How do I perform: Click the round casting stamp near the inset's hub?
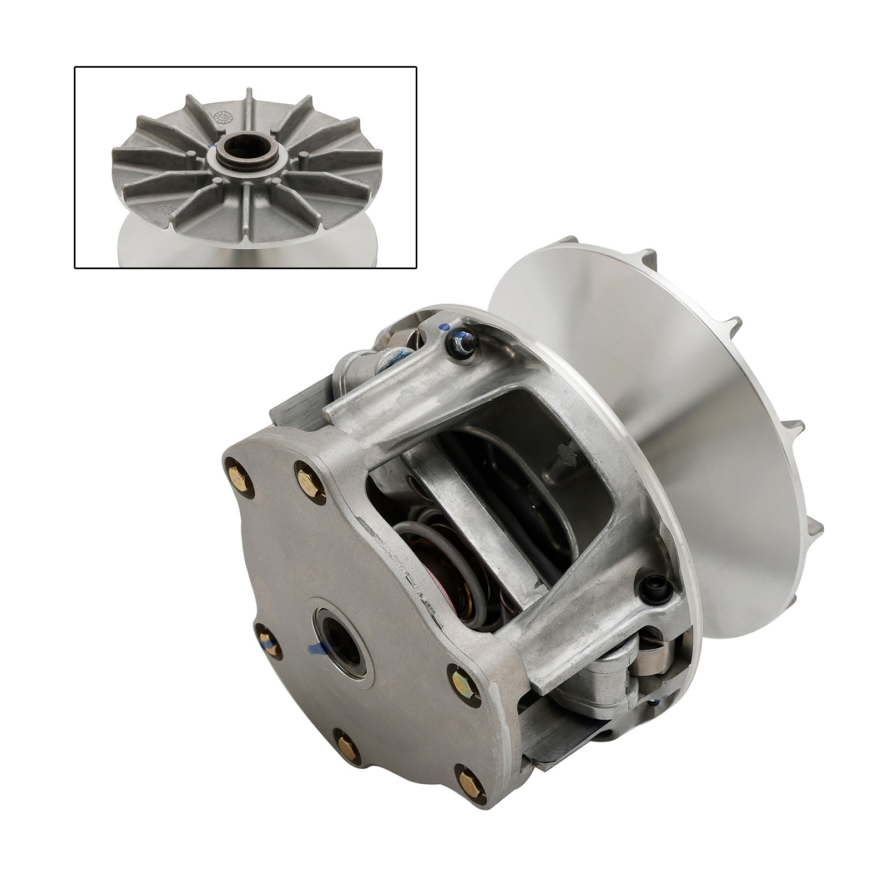tap(220, 118)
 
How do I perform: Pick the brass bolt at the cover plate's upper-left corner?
tap(240, 475)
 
